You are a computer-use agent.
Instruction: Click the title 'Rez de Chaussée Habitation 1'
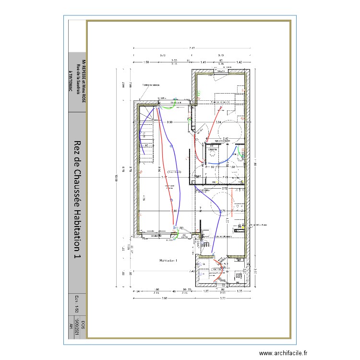click(x=77, y=201)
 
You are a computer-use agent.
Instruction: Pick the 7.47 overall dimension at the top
click(x=192, y=48)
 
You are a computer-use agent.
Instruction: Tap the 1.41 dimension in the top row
click(x=203, y=62)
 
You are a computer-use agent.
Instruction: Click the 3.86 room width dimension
click(x=174, y=211)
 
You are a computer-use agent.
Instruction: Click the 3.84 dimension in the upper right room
click(x=218, y=123)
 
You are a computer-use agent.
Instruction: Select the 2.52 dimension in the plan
click(x=225, y=189)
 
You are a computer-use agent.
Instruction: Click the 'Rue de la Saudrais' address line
click(x=78, y=77)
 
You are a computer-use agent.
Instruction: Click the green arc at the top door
click(x=166, y=108)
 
